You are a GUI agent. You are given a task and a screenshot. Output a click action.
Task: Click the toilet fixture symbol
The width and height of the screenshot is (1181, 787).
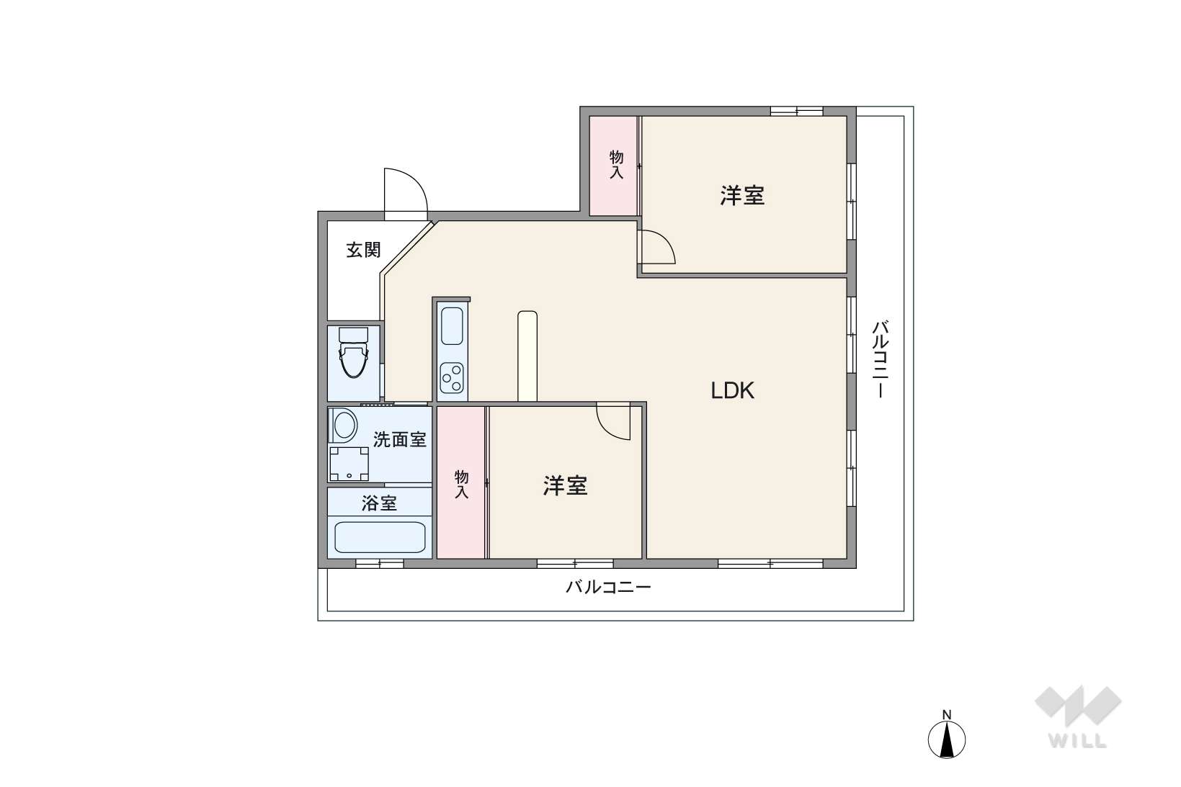tap(353, 352)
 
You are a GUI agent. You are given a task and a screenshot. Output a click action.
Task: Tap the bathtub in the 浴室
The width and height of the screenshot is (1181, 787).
tap(380, 537)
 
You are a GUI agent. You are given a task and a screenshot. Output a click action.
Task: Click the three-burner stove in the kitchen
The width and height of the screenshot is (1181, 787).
tap(453, 378)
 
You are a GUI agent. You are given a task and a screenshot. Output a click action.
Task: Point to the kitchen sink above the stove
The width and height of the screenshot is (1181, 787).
tap(452, 326)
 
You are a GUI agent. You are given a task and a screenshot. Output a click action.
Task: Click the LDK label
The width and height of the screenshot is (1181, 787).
tap(733, 390)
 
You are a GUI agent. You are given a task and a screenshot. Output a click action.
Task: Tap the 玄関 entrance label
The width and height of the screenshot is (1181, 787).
tap(363, 250)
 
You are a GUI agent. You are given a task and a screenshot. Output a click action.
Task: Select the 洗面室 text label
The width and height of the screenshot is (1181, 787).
tap(400, 439)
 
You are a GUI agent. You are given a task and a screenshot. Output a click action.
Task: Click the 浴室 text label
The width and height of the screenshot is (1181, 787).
tap(379, 503)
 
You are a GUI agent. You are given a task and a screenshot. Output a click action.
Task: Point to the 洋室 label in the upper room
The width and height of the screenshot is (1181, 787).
tap(742, 195)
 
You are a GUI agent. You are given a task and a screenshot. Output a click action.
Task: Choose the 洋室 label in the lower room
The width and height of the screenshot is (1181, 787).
tap(565, 486)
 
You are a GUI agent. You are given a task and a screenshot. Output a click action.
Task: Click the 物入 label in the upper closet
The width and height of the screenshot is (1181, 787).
tap(616, 164)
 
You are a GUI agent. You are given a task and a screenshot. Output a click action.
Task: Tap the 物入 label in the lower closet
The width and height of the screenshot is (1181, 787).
tap(461, 485)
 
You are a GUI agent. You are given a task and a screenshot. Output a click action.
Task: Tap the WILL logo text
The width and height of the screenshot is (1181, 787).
tap(1077, 741)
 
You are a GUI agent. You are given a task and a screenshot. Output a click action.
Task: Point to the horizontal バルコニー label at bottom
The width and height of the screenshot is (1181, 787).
tap(608, 587)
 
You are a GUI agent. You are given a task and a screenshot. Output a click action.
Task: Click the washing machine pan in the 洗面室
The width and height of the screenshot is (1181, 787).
tap(349, 464)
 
